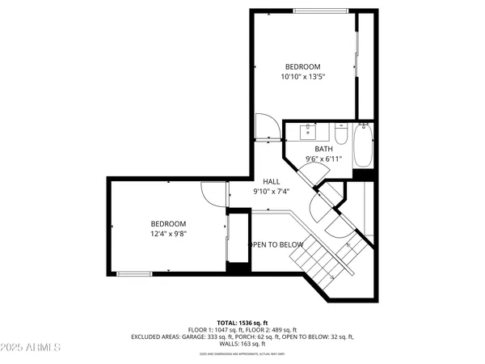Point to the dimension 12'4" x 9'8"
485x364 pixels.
point(168,235)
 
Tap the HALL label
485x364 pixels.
point(271,181)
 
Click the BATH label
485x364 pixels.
point(323,149)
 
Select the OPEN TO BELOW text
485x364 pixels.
point(276,245)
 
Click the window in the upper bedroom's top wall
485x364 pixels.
point(322,11)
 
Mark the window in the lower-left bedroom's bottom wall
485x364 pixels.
point(135,273)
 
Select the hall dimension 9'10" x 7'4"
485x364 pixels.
point(271,192)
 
